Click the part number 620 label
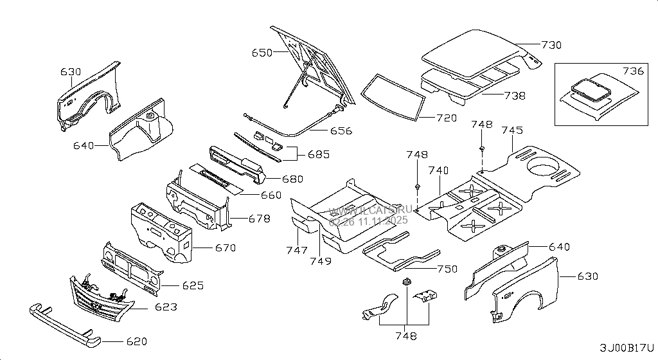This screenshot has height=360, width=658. click(x=136, y=341)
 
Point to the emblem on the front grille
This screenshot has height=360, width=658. click(x=94, y=305)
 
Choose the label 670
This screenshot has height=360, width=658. click(x=225, y=248)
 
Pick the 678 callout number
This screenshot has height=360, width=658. click(x=259, y=219)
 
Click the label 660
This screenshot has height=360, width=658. click(x=271, y=195)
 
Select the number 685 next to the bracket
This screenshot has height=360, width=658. click(x=319, y=154)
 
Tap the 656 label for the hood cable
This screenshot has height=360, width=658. click(x=341, y=130)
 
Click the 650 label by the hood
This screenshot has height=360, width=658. click(x=262, y=53)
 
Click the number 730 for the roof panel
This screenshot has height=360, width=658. click(x=551, y=45)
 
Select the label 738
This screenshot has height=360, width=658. click(x=514, y=96)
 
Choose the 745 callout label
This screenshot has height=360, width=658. click(x=512, y=130)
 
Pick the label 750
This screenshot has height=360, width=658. click(x=447, y=269)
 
